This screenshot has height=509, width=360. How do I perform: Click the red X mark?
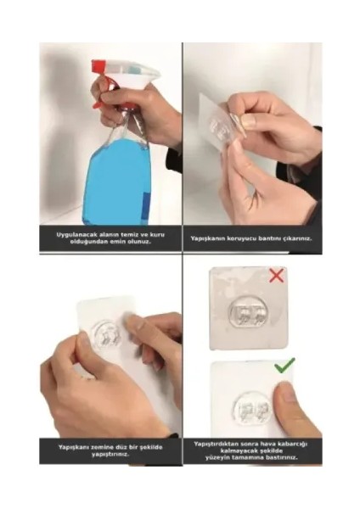click(277, 276)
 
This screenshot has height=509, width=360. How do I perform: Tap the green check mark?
click(284, 366)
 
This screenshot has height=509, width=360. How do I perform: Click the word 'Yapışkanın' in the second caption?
click(209, 238)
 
